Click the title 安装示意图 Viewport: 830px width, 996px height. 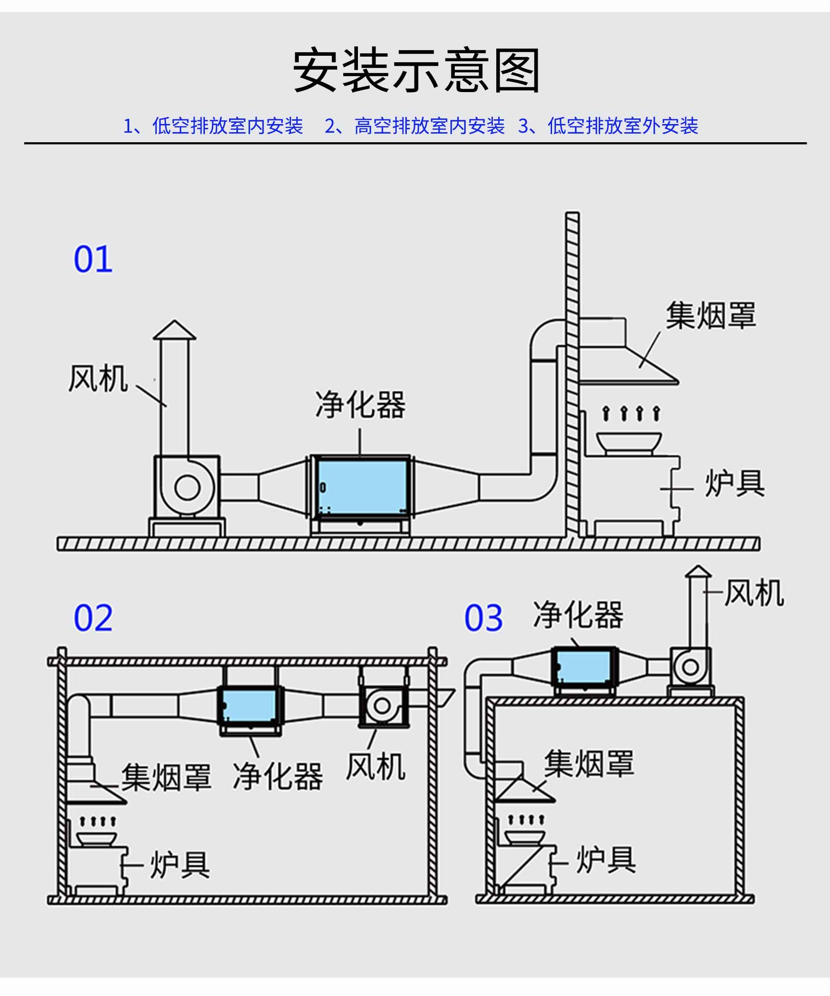click(x=416, y=70)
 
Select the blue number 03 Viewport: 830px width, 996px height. click(x=483, y=618)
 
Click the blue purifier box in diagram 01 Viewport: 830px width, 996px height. click(x=362, y=487)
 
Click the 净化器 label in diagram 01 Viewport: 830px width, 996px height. click(x=361, y=405)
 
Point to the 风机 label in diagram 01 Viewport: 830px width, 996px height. click(x=98, y=379)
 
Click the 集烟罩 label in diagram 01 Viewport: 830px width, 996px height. click(x=711, y=316)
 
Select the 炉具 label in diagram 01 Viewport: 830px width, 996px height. click(x=734, y=483)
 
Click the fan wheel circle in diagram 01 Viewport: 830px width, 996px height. click(x=187, y=488)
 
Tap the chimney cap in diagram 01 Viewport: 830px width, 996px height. click(x=174, y=330)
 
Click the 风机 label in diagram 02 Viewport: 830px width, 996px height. click(x=376, y=767)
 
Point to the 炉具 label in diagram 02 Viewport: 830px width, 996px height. click(x=180, y=865)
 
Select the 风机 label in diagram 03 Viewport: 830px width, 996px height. click(x=754, y=592)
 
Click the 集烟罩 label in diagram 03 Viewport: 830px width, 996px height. click(x=589, y=763)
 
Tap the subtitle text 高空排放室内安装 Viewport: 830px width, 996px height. click(x=429, y=126)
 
